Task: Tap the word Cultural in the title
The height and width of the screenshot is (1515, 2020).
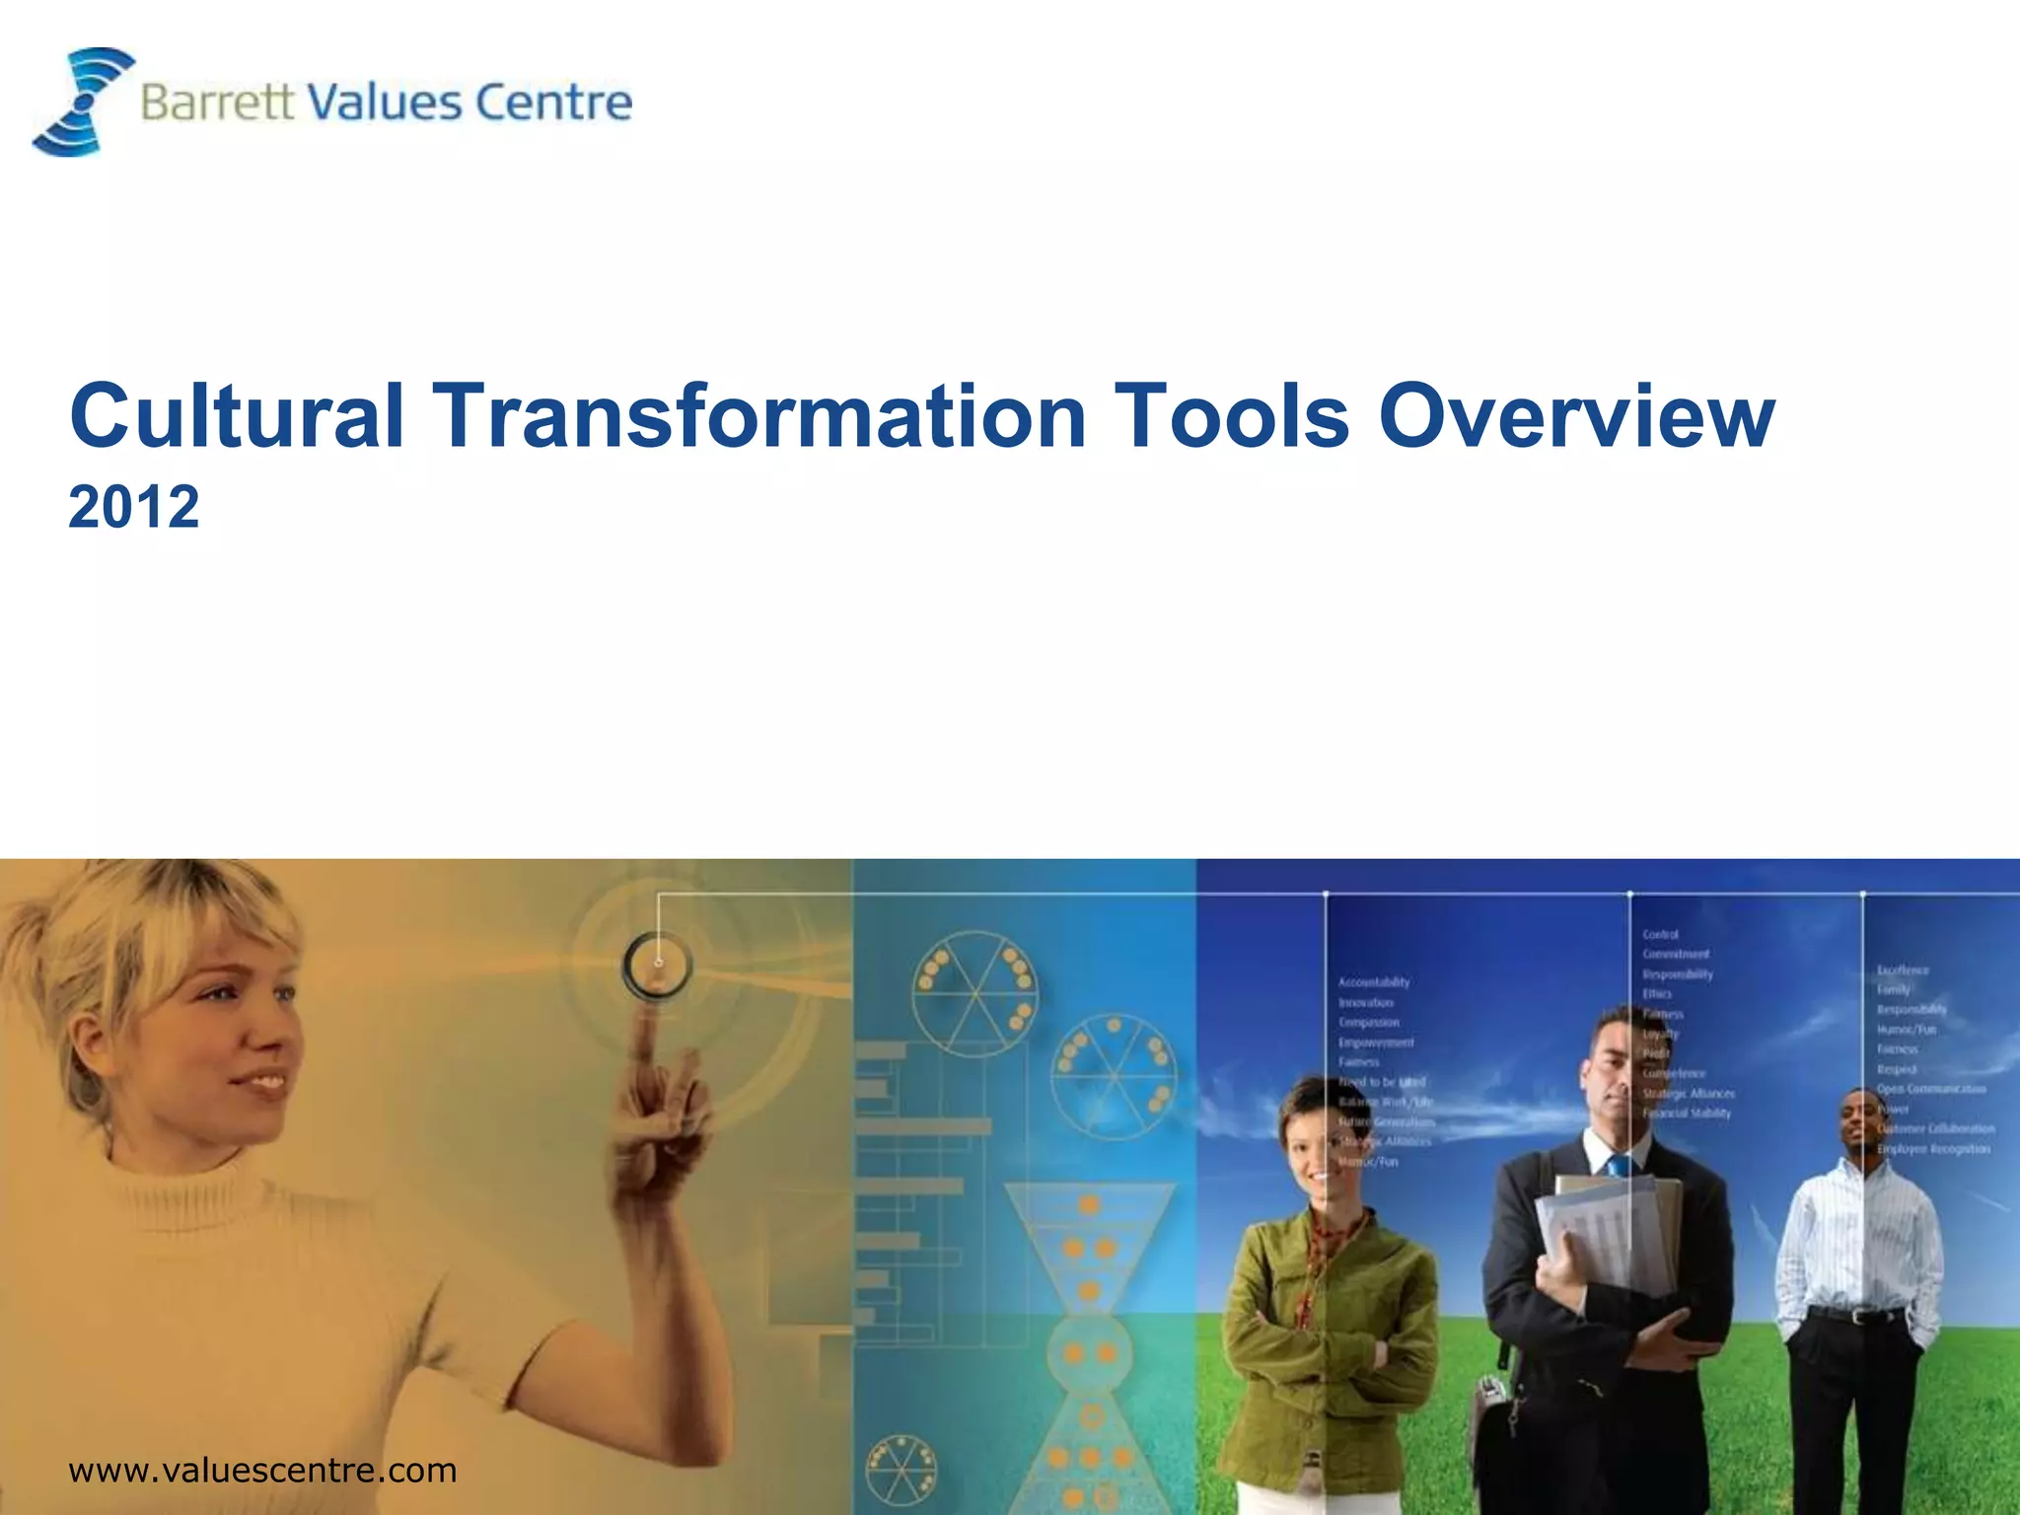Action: [x=237, y=416]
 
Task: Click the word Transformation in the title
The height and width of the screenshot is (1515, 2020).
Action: [x=759, y=416]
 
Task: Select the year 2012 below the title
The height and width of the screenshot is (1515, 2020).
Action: [x=134, y=507]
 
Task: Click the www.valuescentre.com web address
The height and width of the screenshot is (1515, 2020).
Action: [x=262, y=1471]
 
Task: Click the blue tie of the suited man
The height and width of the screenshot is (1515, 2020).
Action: [x=1619, y=1167]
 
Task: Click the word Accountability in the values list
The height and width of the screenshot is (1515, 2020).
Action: [x=1374, y=982]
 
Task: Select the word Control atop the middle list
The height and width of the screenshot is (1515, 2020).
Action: [x=1661, y=934]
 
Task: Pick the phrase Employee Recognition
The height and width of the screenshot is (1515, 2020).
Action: [x=1934, y=1149]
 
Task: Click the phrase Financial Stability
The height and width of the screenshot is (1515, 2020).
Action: [x=1687, y=1114]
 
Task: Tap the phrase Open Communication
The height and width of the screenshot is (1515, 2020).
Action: [x=1931, y=1089]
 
